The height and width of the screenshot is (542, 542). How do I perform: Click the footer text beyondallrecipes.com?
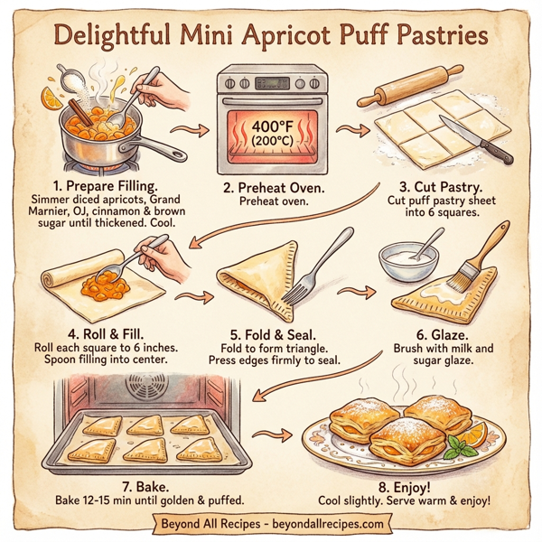(x=326, y=522)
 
